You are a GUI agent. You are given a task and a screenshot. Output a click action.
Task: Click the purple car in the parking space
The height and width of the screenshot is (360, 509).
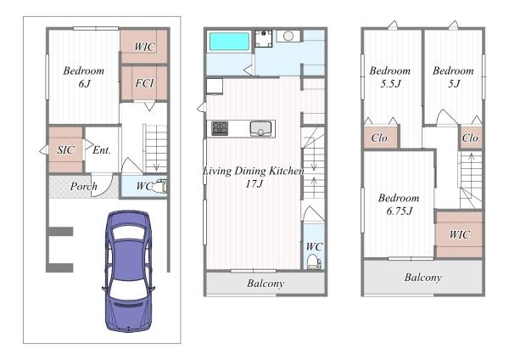tap(129, 272)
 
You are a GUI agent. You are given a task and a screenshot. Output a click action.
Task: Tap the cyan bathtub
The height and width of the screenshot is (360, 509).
tap(229, 42)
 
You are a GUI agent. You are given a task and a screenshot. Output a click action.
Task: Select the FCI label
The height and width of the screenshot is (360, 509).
tap(144, 83)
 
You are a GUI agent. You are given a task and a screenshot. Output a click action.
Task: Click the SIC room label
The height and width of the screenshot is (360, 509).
tap(65, 149)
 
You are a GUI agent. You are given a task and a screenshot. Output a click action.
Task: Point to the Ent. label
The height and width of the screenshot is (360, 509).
tap(102, 150)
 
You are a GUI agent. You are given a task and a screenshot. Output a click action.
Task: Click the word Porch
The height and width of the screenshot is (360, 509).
tap(83, 186)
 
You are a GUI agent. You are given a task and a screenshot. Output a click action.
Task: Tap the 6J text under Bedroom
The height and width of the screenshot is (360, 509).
tap(84, 84)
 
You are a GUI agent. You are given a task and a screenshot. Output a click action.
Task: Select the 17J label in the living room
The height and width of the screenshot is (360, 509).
tap(254, 184)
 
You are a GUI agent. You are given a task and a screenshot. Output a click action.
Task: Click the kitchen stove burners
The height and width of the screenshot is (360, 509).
tap(220, 128)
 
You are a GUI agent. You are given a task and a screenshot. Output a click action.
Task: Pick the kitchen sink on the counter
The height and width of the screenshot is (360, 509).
tap(260, 129)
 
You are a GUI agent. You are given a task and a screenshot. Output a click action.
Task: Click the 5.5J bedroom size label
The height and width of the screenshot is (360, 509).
tap(390, 84)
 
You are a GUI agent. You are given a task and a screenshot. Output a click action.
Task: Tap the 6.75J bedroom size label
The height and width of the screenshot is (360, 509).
tap(400, 211)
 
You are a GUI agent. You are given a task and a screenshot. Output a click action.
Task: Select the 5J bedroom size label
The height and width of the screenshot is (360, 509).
tap(454, 84)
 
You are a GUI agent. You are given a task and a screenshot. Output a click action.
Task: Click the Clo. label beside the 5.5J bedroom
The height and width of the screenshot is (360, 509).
tap(380, 138)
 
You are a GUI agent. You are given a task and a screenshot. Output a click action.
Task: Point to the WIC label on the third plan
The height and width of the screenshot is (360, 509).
tap(459, 234)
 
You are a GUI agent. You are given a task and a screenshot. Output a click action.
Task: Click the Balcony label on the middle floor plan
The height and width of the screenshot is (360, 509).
tap(266, 284)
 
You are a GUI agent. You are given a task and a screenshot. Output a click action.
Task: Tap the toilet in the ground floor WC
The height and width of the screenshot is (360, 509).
tap(161, 187)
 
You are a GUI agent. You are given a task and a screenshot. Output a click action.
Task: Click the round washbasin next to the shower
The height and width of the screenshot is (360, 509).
tap(288, 36)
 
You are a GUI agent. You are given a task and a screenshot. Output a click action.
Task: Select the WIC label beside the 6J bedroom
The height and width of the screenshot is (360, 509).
tap(144, 47)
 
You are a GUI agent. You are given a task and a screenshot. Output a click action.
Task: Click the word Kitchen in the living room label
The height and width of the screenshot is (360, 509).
tap(287, 171)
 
